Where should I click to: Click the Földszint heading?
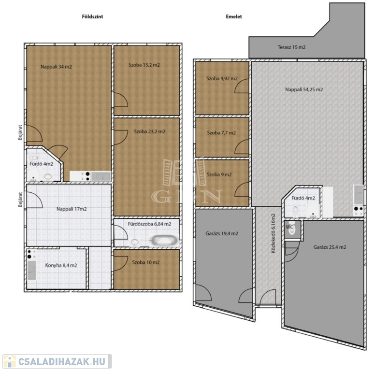(x=92, y=16)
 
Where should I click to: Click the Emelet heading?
(x=234, y=16)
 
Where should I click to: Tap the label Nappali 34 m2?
(x=56, y=67)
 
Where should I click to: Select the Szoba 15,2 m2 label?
(x=144, y=65)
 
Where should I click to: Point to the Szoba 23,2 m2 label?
(x=149, y=131)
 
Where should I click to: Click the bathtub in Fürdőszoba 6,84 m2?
(x=164, y=240)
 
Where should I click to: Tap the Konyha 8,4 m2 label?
(x=61, y=265)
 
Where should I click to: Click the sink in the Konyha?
(x=32, y=270)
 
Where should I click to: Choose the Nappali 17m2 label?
(x=72, y=209)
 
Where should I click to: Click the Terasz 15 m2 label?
(x=291, y=47)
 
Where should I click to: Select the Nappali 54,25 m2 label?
(x=304, y=90)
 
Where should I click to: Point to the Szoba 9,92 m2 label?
(x=222, y=78)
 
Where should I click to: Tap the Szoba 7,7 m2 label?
(x=221, y=133)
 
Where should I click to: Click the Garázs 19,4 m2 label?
(x=222, y=233)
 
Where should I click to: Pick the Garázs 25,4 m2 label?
(x=330, y=247)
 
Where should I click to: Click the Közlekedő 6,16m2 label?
(x=273, y=233)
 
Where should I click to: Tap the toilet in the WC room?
(x=291, y=228)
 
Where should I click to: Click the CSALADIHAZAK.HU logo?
(x=57, y=361)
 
